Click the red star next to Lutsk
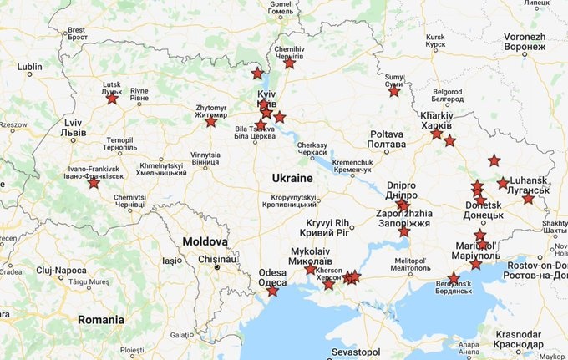(x=112, y=99)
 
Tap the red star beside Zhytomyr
(x=210, y=121)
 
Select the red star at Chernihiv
(x=289, y=63)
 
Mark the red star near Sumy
(x=394, y=91)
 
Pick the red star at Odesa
(x=272, y=291)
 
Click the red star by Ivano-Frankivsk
(x=94, y=182)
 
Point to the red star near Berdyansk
(x=454, y=277)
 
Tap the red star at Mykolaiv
(x=311, y=269)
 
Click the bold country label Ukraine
(x=292, y=179)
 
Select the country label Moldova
(x=194, y=241)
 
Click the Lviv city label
(x=74, y=128)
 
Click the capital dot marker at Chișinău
(x=216, y=267)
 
